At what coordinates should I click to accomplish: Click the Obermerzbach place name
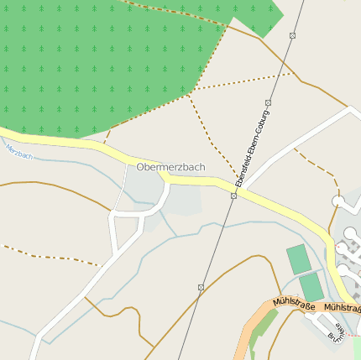click(170, 167)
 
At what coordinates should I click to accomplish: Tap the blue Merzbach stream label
click(18, 152)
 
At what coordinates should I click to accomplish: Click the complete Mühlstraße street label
click(294, 304)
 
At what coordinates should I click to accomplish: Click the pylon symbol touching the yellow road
click(233, 196)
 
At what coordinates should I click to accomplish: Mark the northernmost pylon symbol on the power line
click(292, 35)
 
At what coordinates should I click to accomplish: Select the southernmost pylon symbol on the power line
click(201, 287)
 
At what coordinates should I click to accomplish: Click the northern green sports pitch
click(298, 258)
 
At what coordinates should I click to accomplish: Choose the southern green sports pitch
click(311, 286)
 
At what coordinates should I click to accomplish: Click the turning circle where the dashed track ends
click(337, 201)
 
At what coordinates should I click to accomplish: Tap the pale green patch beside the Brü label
click(357, 347)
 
